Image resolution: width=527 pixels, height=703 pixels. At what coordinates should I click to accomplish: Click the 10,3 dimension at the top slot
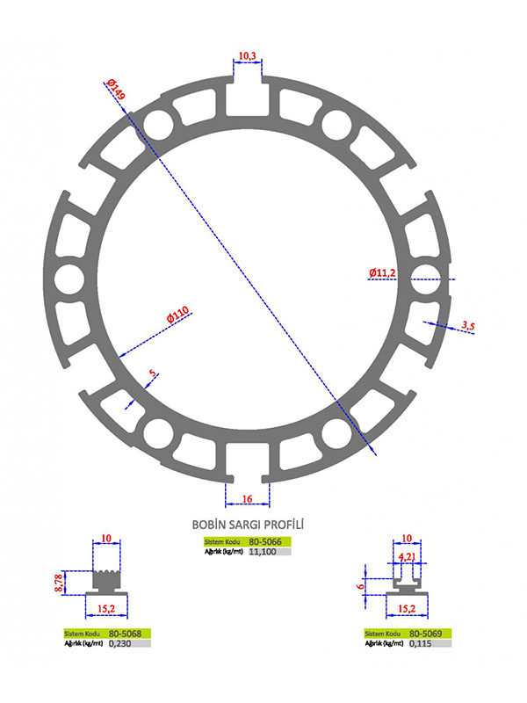247,55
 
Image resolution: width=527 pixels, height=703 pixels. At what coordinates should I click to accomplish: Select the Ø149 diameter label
116,90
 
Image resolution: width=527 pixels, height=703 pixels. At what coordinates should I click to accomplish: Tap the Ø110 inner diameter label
178,315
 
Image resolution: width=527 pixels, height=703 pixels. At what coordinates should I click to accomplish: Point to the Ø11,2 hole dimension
382,272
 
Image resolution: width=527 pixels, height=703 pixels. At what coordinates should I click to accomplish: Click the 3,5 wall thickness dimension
468,326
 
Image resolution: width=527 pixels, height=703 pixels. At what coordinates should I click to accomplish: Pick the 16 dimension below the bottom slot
247,498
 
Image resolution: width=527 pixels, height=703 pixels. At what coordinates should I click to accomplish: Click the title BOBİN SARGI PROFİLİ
248,524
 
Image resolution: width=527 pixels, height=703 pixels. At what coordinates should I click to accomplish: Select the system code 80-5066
265,541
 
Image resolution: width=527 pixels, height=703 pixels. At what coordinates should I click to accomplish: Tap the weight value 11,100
262,552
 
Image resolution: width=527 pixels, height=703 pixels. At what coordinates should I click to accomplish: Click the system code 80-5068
125,634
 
